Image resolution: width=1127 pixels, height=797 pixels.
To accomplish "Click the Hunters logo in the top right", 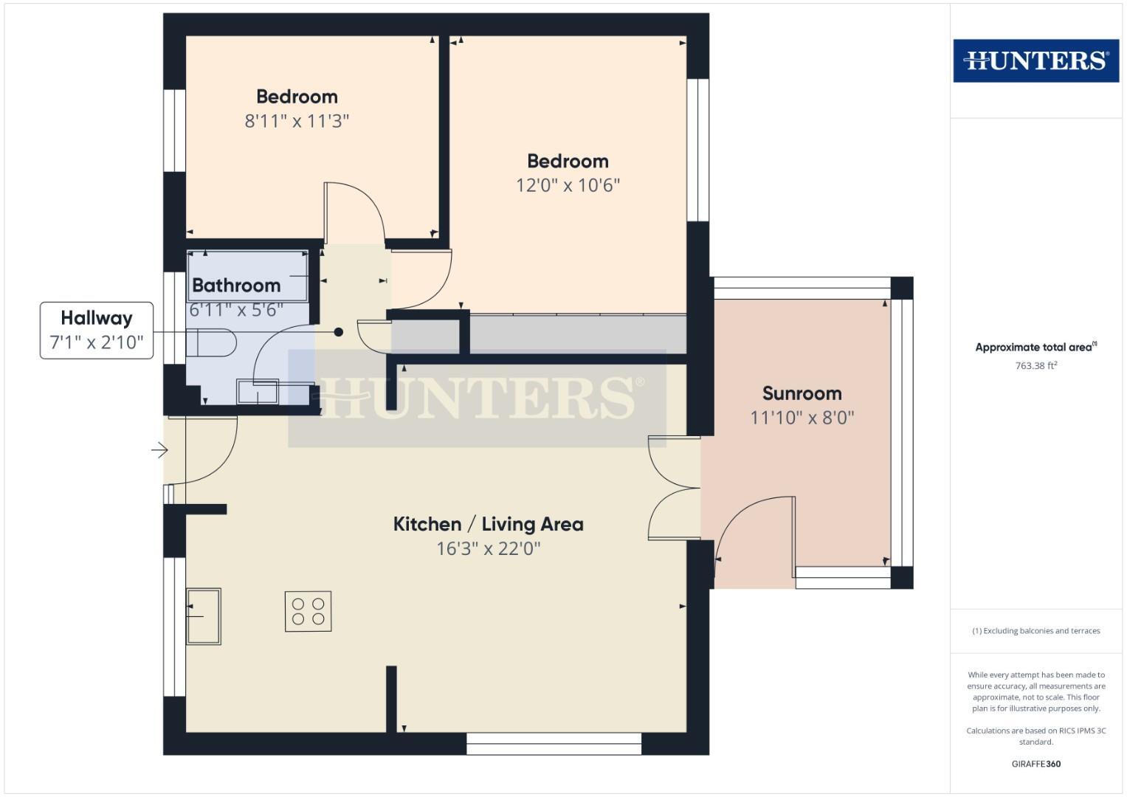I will pyautogui.click(x=1035, y=61).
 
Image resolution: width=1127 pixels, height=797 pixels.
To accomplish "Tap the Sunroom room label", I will pyautogui.click(x=802, y=393).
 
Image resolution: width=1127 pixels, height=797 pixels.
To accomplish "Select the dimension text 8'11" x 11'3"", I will pyautogui.click(x=297, y=121).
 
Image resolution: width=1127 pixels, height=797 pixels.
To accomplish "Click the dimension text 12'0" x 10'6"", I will pyautogui.click(x=568, y=185).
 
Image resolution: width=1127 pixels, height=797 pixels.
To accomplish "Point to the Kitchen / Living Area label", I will pyautogui.click(x=488, y=525).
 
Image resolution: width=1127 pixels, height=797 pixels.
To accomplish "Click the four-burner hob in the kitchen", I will pyautogui.click(x=308, y=611).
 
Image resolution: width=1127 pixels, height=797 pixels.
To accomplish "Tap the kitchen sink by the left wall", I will pyautogui.click(x=203, y=616).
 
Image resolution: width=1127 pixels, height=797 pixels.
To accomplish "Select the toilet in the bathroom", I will pyautogui.click(x=213, y=342).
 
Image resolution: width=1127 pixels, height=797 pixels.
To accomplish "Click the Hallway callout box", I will pyautogui.click(x=97, y=330).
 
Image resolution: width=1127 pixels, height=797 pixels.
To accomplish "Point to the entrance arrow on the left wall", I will pyautogui.click(x=159, y=449).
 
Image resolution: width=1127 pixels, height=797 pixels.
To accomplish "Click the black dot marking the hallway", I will pyautogui.click(x=339, y=332).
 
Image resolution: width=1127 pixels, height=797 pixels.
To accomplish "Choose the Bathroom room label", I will pyautogui.click(x=236, y=286).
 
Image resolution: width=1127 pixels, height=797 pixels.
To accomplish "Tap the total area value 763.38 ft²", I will pyautogui.click(x=1035, y=365).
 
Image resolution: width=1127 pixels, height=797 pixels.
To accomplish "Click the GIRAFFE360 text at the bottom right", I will pyautogui.click(x=1035, y=764).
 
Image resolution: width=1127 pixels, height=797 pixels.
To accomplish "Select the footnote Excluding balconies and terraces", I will pyautogui.click(x=1035, y=631).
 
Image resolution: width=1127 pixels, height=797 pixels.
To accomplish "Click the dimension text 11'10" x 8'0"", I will pyautogui.click(x=802, y=418).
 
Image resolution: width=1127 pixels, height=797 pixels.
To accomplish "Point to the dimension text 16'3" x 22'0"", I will pyautogui.click(x=488, y=549).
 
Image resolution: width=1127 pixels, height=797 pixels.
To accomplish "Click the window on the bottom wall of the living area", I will pyautogui.click(x=554, y=744).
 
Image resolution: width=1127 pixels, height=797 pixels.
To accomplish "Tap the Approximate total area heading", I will pyautogui.click(x=1035, y=347).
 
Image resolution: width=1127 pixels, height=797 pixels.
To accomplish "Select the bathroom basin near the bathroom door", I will pyautogui.click(x=258, y=392).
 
